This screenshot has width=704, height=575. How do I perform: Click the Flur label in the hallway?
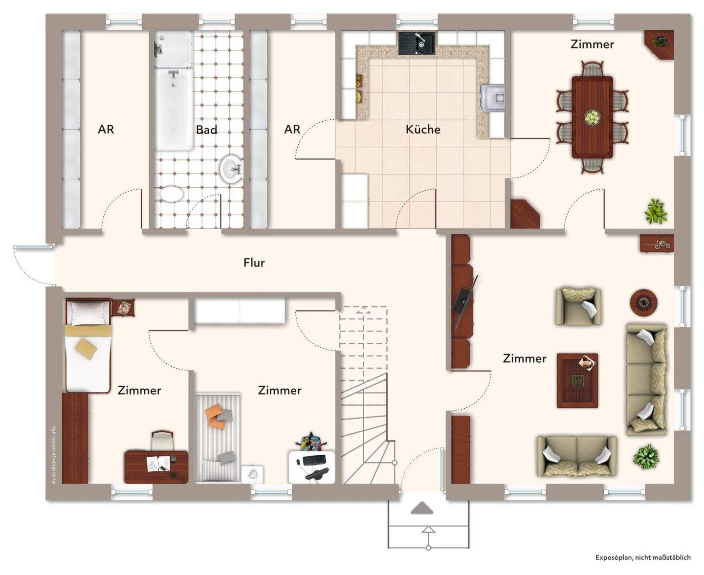[x=254, y=263]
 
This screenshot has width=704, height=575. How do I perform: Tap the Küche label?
[x=422, y=129]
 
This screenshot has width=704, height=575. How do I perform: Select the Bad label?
[x=206, y=130]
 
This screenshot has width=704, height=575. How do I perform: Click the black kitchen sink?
[x=417, y=43]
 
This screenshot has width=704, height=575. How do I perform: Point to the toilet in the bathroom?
[x=172, y=194]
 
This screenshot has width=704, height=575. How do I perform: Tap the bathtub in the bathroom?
[x=174, y=109]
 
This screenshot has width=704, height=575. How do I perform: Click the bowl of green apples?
[x=592, y=117]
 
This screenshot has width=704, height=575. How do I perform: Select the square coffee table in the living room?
[x=577, y=381]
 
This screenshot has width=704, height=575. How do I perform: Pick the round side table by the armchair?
[x=644, y=302]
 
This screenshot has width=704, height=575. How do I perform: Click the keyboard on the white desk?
[x=314, y=460]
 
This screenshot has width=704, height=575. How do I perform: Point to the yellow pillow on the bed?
[x=86, y=349]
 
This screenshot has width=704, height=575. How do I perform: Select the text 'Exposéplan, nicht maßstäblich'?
[x=643, y=557]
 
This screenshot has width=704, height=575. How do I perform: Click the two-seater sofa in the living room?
[x=576, y=456]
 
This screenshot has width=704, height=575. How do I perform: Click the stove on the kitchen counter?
[x=492, y=97]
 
